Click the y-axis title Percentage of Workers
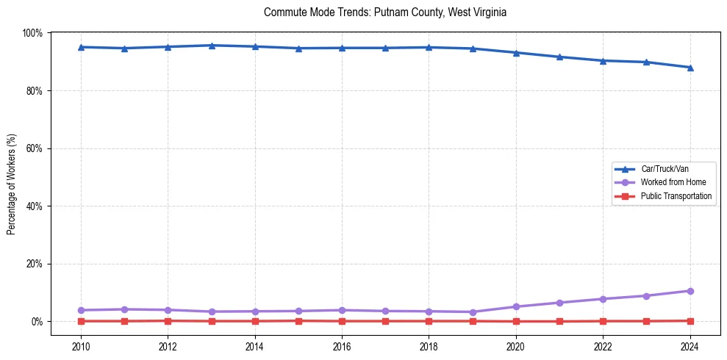pyautogui.click(x=12, y=184)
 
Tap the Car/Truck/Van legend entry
pyautogui.click(x=665, y=169)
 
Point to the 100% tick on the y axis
pyautogui.click(x=33, y=33)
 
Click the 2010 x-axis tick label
pyautogui.click(x=81, y=347)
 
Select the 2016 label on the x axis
pyautogui.click(x=342, y=347)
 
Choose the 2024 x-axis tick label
pyautogui.click(x=690, y=347)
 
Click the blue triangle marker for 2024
pyautogui.click(x=690, y=68)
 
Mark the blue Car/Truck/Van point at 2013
pyautogui.click(x=212, y=46)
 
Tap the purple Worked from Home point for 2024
pyautogui.click(x=690, y=291)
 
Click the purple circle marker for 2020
pyautogui.click(x=516, y=306)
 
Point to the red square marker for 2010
pyautogui.click(x=81, y=321)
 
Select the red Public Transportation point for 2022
pyautogui.click(x=604, y=321)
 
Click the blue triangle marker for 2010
pyautogui.click(x=81, y=47)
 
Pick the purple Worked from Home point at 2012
pyautogui.click(x=168, y=310)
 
